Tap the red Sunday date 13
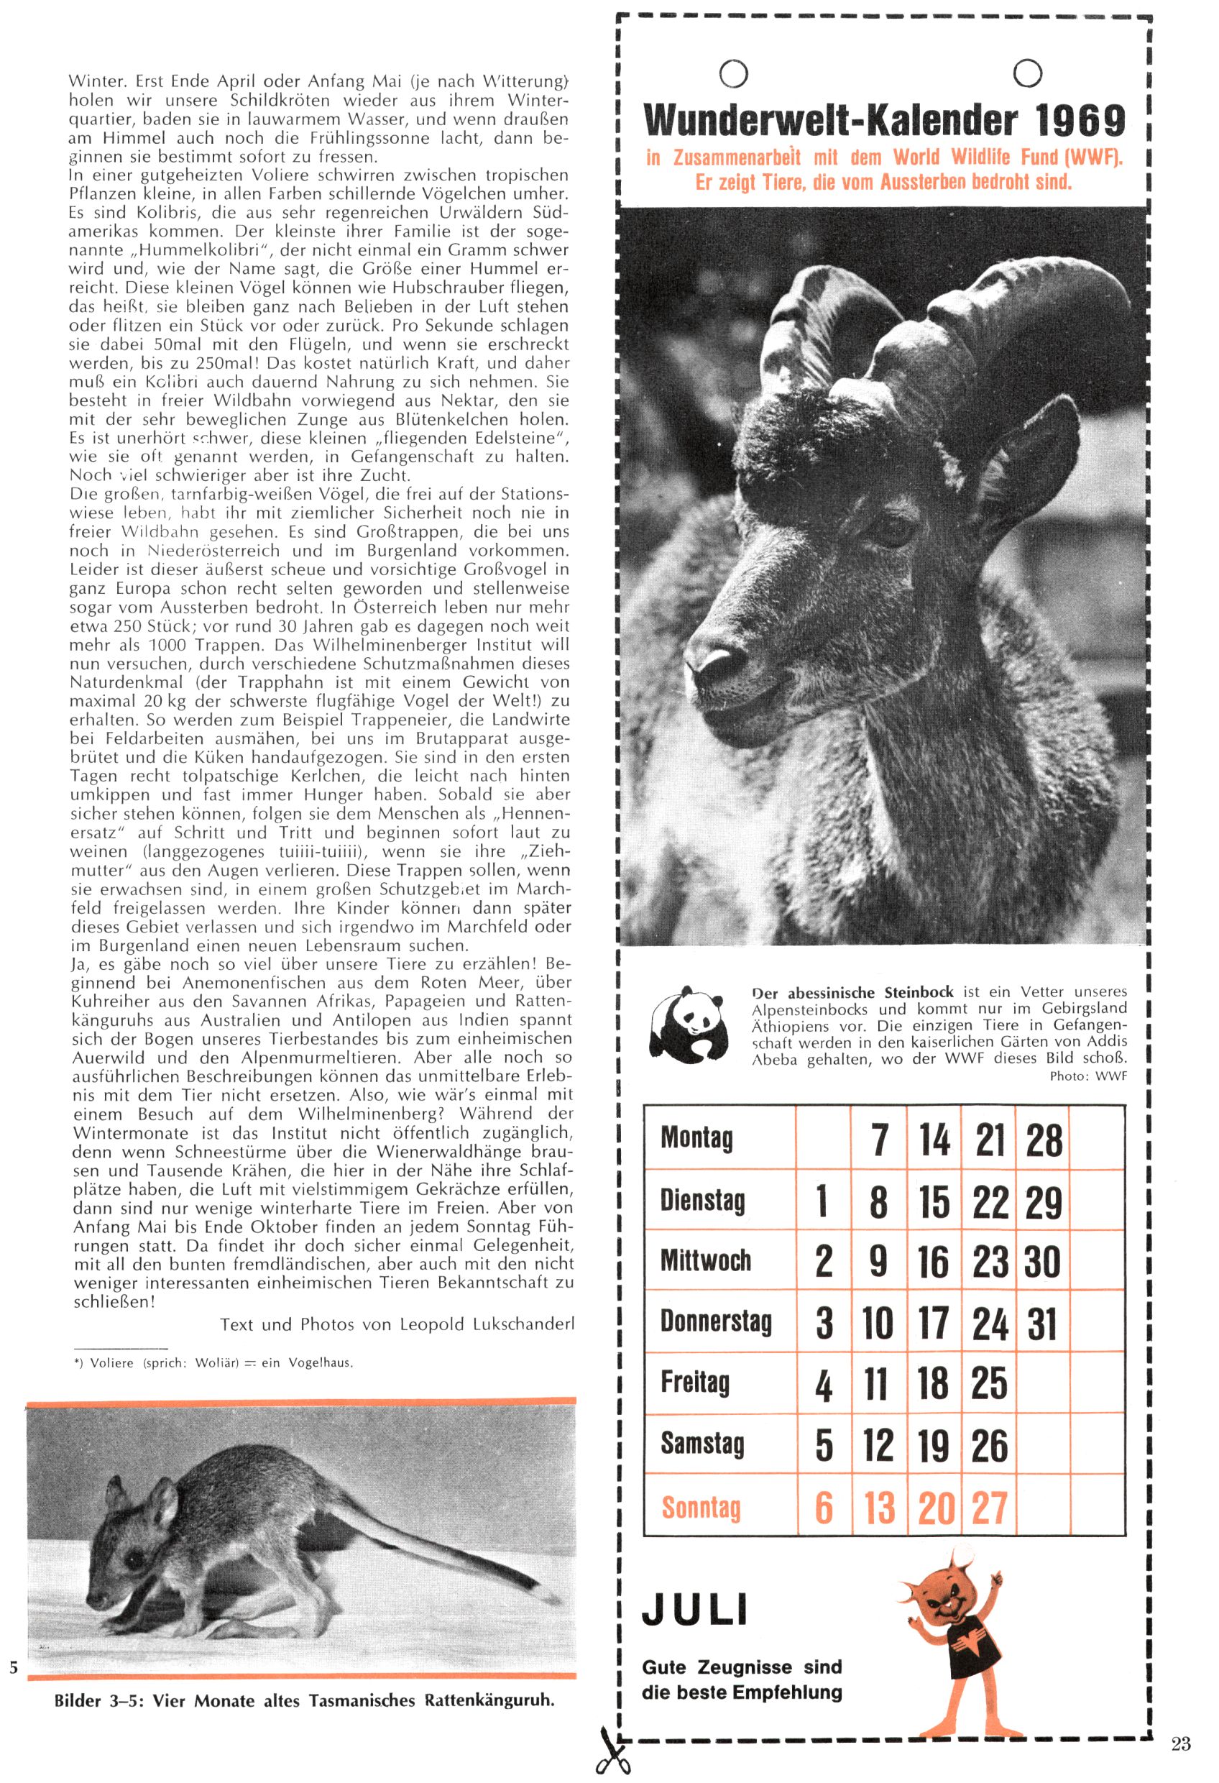coord(879,1508)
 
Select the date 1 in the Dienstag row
coord(822,1201)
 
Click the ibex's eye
coord(892,528)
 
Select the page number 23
coord(1182,1722)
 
